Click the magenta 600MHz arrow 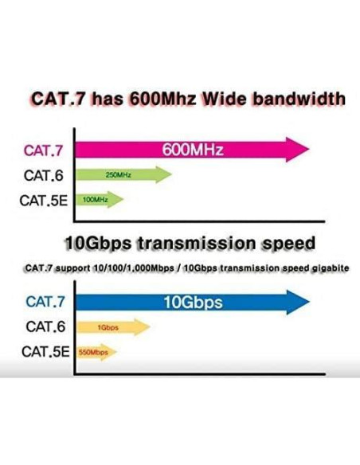(x=191, y=149)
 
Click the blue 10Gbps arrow (x=191, y=302)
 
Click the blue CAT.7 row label (x=45, y=302)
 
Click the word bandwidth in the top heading (x=295, y=100)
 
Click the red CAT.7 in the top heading (x=57, y=100)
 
